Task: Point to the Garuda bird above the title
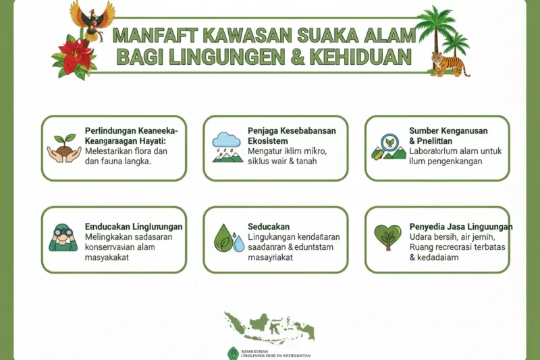point(93,19)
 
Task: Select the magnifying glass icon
point(389,143)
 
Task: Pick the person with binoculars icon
point(63,238)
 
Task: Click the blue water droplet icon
point(238,242)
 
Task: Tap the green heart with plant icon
point(387,236)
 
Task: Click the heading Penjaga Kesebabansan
point(292,130)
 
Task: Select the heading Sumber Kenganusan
point(448,130)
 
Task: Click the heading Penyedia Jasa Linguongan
point(461,226)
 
